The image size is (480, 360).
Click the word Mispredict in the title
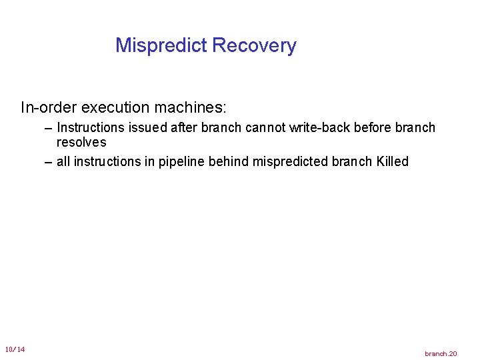click(x=161, y=46)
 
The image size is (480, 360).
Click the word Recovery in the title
click(x=254, y=46)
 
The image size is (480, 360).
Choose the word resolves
click(x=81, y=142)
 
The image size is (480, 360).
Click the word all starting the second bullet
click(x=63, y=162)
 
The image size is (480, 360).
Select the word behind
click(x=231, y=162)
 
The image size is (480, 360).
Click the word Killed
click(x=392, y=162)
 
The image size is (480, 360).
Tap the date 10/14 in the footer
click(x=15, y=349)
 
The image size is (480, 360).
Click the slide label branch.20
click(x=441, y=353)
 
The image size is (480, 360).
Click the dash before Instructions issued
click(x=48, y=127)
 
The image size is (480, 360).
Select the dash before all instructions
click(x=48, y=162)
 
